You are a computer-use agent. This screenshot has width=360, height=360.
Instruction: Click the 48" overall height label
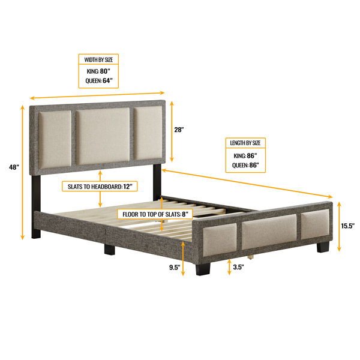click(14, 167)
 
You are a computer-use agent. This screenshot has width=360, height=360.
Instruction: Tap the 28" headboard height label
click(179, 130)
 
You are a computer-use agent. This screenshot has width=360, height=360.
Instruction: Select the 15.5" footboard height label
click(347, 226)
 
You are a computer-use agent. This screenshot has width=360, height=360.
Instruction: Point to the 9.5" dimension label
click(175, 267)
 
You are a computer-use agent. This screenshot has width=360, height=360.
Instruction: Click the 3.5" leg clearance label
click(238, 267)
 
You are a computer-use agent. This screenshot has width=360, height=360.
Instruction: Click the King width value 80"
click(105, 71)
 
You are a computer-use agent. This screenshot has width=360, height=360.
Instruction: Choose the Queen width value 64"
click(107, 80)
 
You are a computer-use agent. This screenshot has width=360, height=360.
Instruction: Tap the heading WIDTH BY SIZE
click(98, 59)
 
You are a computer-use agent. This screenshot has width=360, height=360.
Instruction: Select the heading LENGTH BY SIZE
click(245, 143)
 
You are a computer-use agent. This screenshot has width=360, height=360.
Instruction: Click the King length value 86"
click(252, 155)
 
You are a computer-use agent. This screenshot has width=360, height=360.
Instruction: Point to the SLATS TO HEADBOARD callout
click(100, 187)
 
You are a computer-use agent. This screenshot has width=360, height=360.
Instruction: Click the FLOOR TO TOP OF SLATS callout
click(155, 214)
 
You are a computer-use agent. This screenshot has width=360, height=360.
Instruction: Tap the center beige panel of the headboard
click(103, 136)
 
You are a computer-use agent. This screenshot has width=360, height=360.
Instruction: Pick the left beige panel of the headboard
click(55, 140)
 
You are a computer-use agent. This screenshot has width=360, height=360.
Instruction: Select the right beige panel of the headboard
click(148, 133)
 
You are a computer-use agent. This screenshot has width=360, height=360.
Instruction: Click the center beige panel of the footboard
click(269, 232)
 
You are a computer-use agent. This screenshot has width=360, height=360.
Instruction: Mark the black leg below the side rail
click(110, 250)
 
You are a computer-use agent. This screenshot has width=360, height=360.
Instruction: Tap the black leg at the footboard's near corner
click(203, 269)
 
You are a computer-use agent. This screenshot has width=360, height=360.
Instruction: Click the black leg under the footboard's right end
click(323, 247)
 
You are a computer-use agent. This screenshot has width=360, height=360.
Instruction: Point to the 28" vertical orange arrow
click(172, 131)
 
